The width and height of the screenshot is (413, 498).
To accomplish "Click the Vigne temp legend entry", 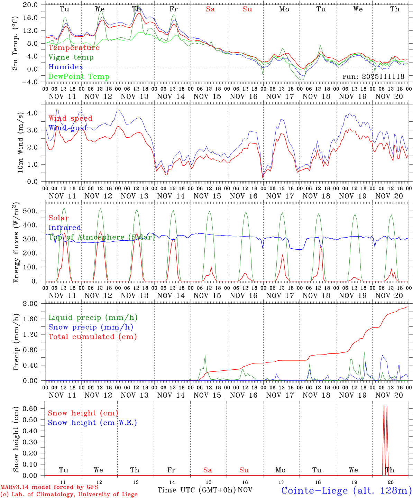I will point(71,57).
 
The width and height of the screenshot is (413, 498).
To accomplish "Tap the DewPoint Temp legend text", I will point(79,77).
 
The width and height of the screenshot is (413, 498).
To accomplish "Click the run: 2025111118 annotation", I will point(374,77).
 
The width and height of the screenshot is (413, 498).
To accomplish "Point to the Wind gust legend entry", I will point(68,128).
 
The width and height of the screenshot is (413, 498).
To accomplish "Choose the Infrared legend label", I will point(65,228).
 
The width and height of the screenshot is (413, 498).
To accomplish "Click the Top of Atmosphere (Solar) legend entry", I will point(102,237).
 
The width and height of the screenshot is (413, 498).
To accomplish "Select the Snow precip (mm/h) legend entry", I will point(91,327).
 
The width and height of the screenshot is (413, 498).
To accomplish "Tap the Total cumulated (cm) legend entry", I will point(92,337).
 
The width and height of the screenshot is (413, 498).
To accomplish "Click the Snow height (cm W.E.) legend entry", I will point(92,423).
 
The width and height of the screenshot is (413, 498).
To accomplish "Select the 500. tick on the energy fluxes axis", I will point(30,211).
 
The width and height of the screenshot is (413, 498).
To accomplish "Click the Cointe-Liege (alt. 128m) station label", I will point(346,490).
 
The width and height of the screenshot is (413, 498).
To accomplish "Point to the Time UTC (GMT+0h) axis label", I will point(196,490).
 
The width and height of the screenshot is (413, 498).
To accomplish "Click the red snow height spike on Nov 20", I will point(384,439).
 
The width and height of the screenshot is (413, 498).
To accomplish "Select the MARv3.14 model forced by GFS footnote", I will point(49,487).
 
